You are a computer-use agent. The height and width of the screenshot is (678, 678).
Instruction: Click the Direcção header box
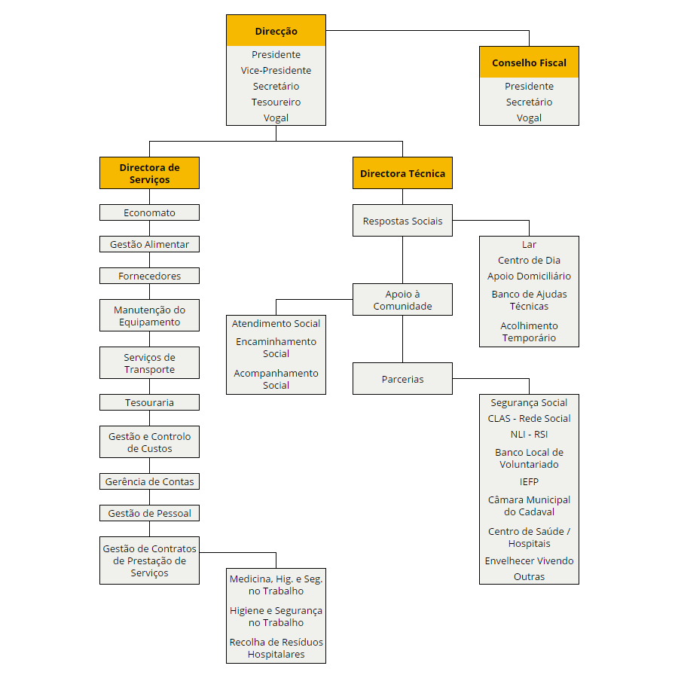point(276,30)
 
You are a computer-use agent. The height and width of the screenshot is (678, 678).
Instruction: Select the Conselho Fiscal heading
point(529,63)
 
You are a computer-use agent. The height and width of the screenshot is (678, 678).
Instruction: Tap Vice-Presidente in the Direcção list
point(276,71)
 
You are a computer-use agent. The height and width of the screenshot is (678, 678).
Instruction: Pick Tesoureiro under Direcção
point(276,102)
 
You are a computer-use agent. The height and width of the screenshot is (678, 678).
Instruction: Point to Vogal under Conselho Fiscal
point(529,118)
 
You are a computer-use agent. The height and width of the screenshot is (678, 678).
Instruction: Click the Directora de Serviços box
point(150,173)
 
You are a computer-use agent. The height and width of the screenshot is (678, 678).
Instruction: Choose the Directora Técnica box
point(402,173)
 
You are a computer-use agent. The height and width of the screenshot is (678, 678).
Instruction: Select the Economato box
point(150,212)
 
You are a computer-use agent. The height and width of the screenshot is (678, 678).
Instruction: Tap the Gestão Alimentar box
point(150,244)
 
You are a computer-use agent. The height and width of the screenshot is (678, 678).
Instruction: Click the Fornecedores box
point(150,276)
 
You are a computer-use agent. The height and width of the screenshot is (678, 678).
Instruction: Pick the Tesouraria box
point(150,402)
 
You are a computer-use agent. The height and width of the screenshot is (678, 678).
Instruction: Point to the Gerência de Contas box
point(150,481)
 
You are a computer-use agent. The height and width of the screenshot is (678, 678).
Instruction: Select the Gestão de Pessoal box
point(150,513)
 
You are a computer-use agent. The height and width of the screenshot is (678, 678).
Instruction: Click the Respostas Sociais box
point(402,221)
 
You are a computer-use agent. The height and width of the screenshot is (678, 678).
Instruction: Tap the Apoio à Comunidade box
point(402,300)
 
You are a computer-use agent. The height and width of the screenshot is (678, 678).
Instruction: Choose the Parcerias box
point(402,379)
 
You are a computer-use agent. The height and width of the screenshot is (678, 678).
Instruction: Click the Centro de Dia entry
point(529,261)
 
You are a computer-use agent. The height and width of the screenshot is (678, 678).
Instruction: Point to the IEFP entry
point(529,481)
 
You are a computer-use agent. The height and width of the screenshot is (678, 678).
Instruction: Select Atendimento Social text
point(276,323)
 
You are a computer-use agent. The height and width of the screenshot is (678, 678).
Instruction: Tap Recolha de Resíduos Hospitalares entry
point(276,648)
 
